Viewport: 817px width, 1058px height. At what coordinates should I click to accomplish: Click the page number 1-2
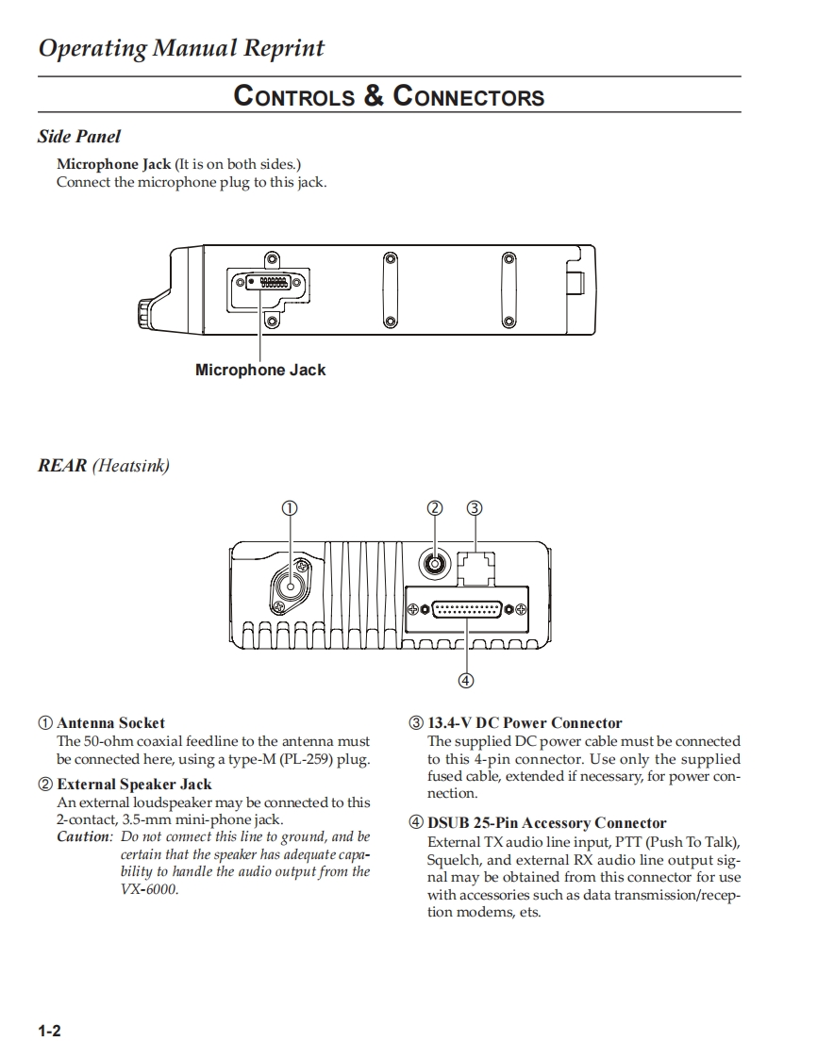pyautogui.click(x=49, y=1031)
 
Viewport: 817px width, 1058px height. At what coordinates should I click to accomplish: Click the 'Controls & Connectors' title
pyautogui.click(x=389, y=96)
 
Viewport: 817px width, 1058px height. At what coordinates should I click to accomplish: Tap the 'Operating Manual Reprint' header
pyautogui.click(x=181, y=48)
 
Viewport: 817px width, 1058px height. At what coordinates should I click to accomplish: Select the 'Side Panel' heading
pyautogui.click(x=79, y=137)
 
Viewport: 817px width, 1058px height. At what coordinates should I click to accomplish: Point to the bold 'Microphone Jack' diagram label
pyautogui.click(x=260, y=370)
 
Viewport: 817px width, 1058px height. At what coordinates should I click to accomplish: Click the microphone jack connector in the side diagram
pyautogui.click(x=260, y=283)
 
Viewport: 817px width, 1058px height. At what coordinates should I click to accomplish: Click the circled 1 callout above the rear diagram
pyautogui.click(x=290, y=507)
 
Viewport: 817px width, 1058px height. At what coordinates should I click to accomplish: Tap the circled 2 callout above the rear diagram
pyautogui.click(x=434, y=507)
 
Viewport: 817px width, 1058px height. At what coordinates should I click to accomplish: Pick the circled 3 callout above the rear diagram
pyautogui.click(x=475, y=507)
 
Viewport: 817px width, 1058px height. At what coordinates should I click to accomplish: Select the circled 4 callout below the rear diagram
pyautogui.click(x=465, y=680)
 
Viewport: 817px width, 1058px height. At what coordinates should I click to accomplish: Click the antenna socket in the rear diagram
pyautogui.click(x=292, y=587)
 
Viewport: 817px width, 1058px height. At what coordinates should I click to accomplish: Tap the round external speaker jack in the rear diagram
pyautogui.click(x=434, y=565)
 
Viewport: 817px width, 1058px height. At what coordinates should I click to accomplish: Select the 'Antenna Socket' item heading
pyautogui.click(x=110, y=723)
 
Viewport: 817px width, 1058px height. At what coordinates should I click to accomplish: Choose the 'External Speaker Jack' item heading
pyautogui.click(x=134, y=784)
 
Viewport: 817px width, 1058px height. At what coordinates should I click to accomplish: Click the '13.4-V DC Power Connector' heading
pyautogui.click(x=525, y=723)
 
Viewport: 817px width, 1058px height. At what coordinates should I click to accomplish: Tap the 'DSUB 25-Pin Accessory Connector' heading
pyautogui.click(x=546, y=823)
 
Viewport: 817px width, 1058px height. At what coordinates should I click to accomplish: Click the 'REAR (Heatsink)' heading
pyautogui.click(x=104, y=465)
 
